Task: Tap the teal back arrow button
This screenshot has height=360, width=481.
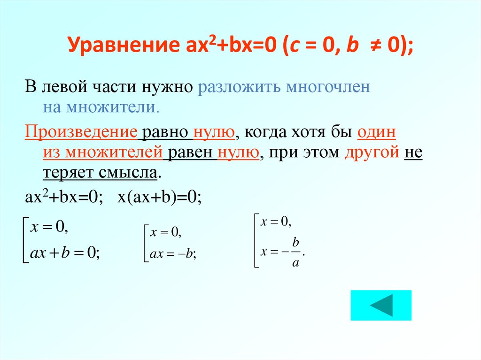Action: pos(381,306)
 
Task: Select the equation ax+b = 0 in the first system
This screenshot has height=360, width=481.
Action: pos(64,253)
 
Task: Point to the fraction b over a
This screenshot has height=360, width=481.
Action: pos(295,252)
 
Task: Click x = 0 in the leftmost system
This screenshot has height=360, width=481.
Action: pos(49,228)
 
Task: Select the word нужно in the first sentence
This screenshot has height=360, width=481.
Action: pos(167,87)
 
